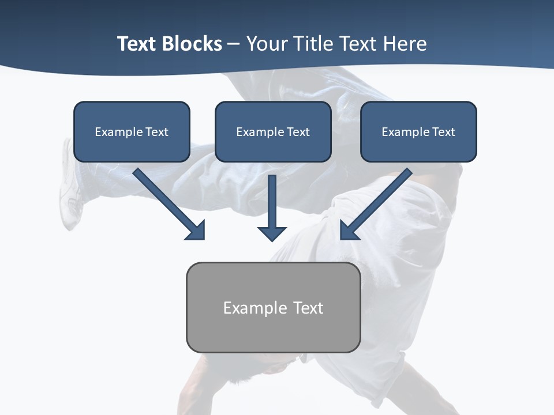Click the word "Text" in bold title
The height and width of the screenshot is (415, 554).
tap(137, 44)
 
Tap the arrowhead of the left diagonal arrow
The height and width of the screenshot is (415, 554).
tap(196, 231)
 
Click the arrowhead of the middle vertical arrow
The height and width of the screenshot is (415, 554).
tap(272, 233)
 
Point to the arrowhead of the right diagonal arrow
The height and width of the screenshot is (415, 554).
tap(349, 231)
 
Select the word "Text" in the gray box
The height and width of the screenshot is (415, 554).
tap(309, 308)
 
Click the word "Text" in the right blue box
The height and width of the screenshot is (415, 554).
tap(443, 132)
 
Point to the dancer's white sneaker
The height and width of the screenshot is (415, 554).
tap(69, 190)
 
